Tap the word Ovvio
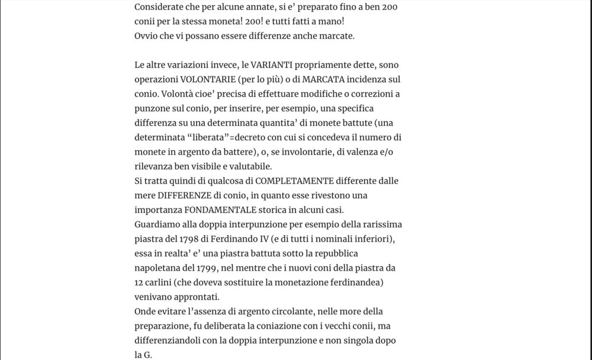tap(146, 36)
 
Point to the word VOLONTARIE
tap(207, 79)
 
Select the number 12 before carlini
tap(140, 282)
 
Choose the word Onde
tap(146, 311)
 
